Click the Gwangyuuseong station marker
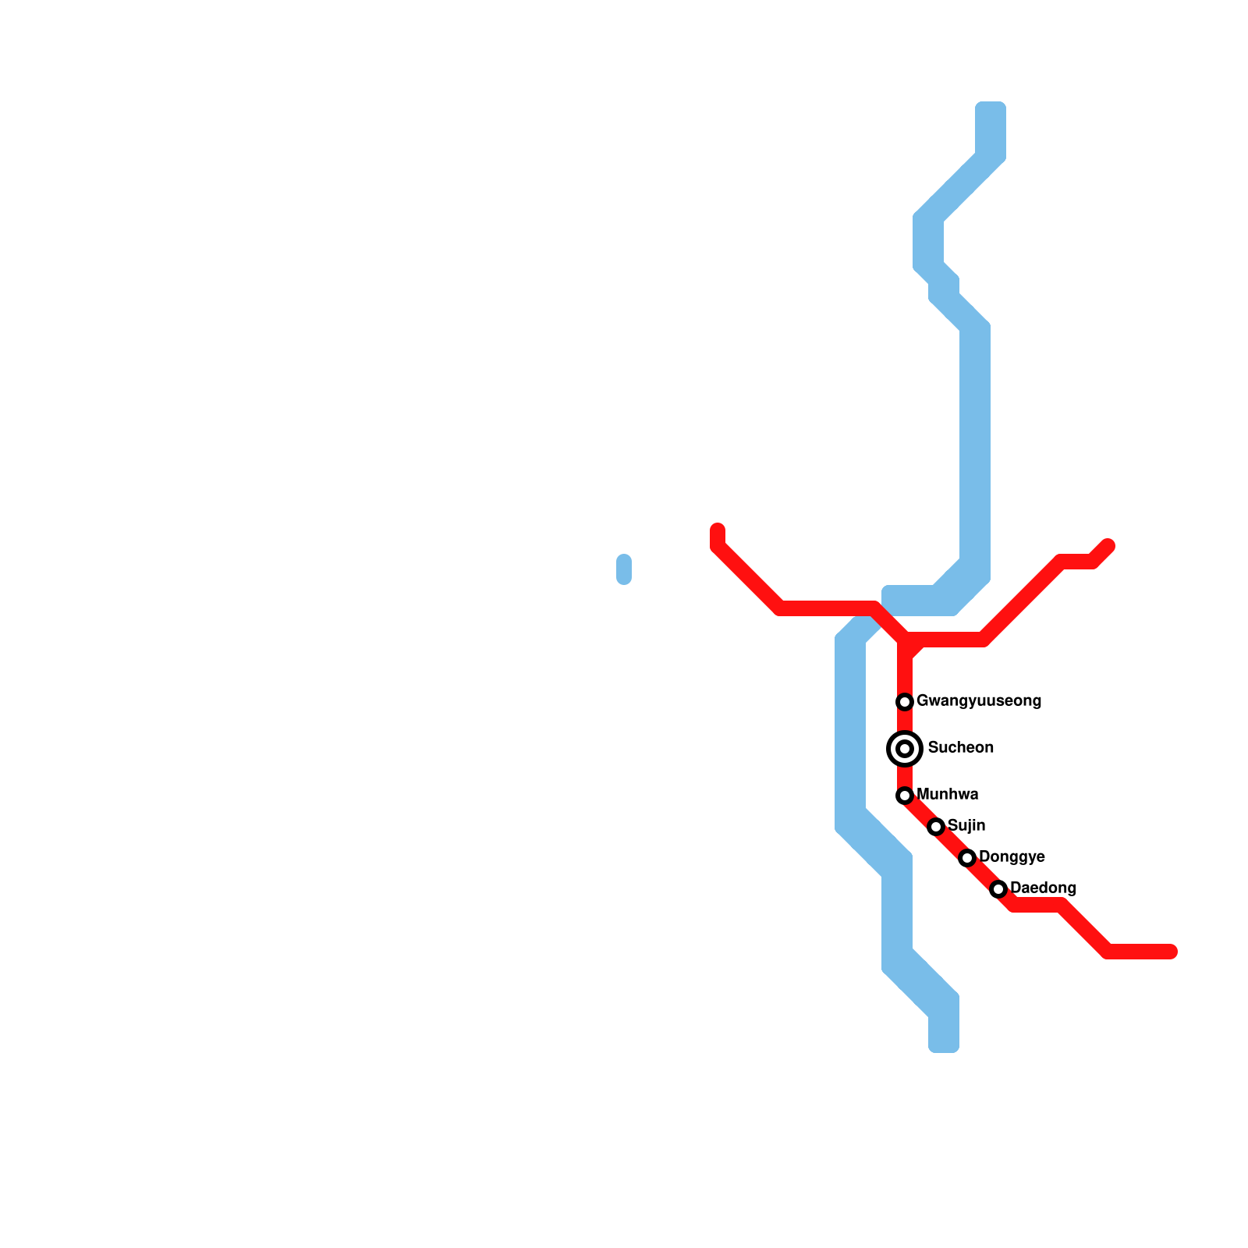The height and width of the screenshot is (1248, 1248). point(905,702)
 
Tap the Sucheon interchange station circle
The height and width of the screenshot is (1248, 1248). point(905,749)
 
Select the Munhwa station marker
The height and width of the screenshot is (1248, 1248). point(905,796)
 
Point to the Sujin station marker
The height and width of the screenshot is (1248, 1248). point(936,827)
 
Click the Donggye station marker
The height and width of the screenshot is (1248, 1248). point(967,858)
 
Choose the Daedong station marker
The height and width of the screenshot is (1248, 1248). point(998,889)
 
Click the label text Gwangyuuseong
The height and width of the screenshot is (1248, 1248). point(979,701)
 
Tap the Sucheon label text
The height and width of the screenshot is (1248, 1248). point(961,748)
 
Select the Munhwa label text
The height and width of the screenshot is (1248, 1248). point(948,795)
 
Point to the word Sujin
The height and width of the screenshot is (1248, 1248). point(966,826)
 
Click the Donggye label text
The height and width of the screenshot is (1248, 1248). point(1012,857)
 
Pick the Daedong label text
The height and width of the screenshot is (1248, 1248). point(1043,888)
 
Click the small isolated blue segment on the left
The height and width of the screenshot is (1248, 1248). point(624,569)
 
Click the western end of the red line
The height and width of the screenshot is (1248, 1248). point(718,530)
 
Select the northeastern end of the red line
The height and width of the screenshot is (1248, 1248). point(1108,545)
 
